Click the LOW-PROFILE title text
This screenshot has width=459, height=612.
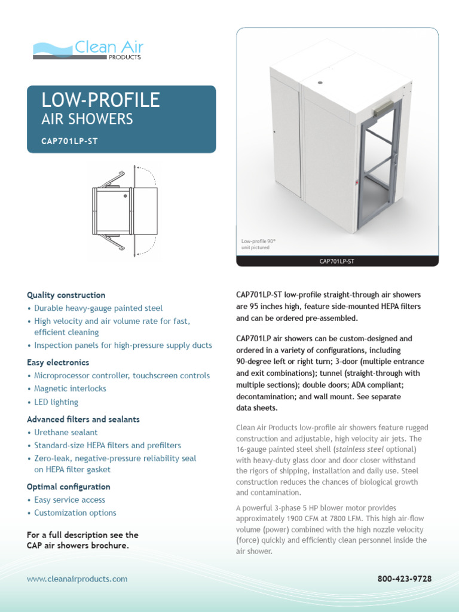[x=100, y=100]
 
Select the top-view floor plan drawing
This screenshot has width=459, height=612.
[x=124, y=210]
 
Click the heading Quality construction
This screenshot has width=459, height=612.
[x=66, y=295]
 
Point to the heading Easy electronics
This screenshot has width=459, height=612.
[x=58, y=362]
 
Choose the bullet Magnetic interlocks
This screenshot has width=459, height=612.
[x=70, y=388]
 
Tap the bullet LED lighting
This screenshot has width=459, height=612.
[x=56, y=402]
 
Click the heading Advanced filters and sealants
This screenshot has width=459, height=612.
[x=83, y=420]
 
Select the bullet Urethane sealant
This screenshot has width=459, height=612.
[x=66, y=432]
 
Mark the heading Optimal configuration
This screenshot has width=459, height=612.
[x=69, y=486]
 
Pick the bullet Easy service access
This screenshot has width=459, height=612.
[x=69, y=500]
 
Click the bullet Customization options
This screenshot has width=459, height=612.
[x=75, y=513]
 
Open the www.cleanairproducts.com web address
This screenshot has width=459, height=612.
[x=77, y=579]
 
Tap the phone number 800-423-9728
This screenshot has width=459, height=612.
[x=405, y=579]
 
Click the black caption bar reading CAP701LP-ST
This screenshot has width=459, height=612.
[x=338, y=261]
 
